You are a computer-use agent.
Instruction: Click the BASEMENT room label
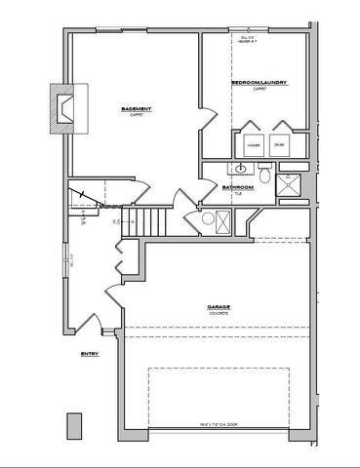[135, 108]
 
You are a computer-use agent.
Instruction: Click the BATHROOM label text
[238, 186]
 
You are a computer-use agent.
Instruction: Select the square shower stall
[290, 184]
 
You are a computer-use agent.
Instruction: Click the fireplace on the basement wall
[68, 107]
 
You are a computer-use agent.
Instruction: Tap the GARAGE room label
[218, 307]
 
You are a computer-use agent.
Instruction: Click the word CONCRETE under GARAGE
[218, 313]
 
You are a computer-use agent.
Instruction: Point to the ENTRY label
[91, 355]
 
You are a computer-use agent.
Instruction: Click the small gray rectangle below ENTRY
[73, 426]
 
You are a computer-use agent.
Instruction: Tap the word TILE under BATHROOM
[238, 193]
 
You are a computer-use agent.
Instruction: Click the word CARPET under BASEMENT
[135, 114]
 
